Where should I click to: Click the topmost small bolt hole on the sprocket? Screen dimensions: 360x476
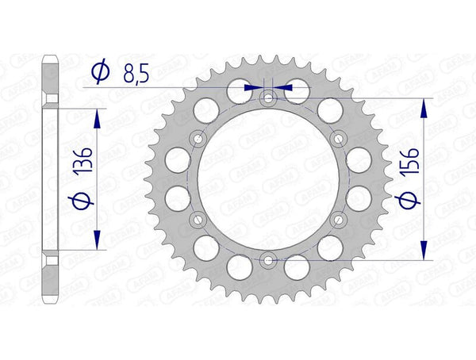click(x=268, y=98)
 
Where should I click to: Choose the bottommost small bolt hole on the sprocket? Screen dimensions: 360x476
click(x=268, y=259)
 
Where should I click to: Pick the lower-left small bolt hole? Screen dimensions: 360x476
click(x=198, y=219)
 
